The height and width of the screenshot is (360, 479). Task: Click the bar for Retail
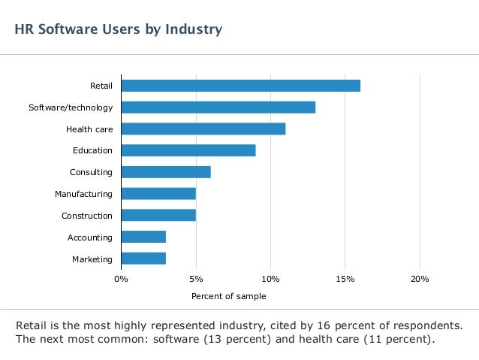point(240,86)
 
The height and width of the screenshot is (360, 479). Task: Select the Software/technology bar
point(218,107)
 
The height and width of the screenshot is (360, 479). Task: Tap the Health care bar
point(203,129)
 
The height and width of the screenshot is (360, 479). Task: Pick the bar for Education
point(188,150)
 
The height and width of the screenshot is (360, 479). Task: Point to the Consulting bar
point(165,172)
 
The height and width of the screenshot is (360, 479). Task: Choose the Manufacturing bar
point(158,194)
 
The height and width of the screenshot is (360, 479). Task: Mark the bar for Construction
point(158,216)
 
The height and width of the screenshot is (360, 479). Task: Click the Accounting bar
point(143,237)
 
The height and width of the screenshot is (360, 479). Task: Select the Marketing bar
point(143,259)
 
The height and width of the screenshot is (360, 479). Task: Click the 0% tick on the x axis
point(121,279)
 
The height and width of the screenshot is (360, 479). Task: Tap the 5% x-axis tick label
point(196,279)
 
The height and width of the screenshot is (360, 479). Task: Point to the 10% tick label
point(270,279)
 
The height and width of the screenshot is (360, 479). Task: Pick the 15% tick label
point(345,279)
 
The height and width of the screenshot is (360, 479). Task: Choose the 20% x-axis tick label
point(420,279)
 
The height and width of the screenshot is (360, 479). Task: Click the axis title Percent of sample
point(228,296)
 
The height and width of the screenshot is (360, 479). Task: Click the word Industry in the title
point(194,30)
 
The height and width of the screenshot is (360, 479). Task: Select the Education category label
point(92,150)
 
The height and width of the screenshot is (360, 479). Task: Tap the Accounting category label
point(90,237)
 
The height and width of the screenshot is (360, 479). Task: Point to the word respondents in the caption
point(423,325)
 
